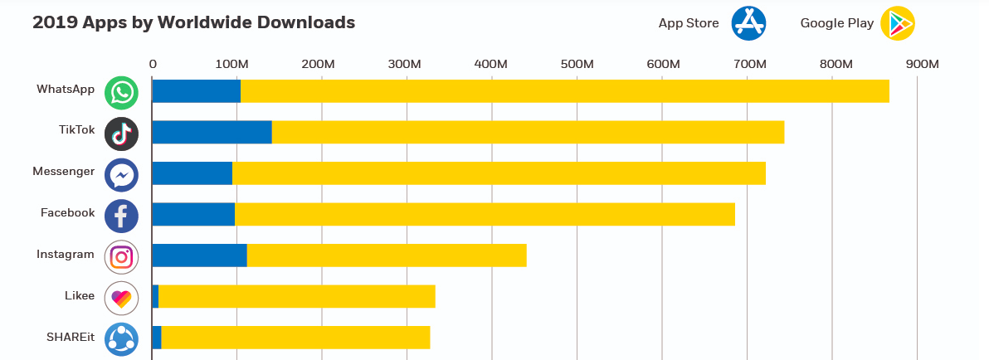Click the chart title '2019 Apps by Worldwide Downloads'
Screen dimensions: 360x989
tap(193, 22)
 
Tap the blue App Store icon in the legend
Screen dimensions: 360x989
tap(748, 23)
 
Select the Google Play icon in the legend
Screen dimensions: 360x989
tap(897, 23)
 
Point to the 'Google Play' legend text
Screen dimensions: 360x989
tap(836, 23)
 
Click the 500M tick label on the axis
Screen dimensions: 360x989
tap(577, 64)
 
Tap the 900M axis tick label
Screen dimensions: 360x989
tap(922, 64)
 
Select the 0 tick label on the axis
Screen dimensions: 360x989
tap(153, 64)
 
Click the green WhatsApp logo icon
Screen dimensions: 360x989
tap(121, 92)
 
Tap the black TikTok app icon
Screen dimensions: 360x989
tap(121, 134)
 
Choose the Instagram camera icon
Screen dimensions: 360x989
tap(121, 257)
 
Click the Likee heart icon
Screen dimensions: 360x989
tap(121, 298)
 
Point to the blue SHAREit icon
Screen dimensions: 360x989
tap(121, 339)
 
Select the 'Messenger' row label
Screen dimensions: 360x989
tap(64, 172)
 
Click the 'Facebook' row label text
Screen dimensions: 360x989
tap(68, 213)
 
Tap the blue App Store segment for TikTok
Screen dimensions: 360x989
tap(212, 132)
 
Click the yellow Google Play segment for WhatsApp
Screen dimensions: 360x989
tap(564, 91)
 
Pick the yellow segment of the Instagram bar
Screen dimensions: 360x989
tap(387, 255)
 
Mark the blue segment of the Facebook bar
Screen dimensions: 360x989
tap(193, 214)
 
